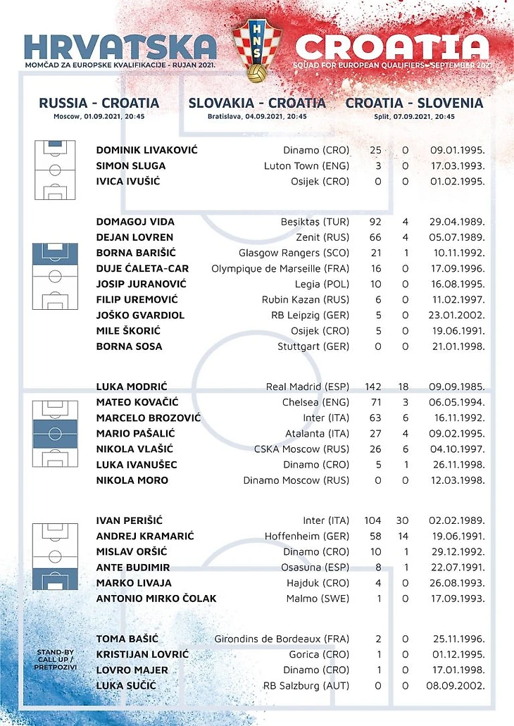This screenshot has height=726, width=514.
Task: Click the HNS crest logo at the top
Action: [257, 50]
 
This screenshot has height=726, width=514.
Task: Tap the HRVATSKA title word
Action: [120, 46]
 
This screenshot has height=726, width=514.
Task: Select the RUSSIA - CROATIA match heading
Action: [99, 103]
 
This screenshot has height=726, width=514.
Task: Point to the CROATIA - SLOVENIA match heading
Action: [414, 103]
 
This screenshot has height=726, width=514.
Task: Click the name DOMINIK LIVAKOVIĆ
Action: [146, 150]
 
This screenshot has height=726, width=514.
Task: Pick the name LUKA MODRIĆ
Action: [132, 387]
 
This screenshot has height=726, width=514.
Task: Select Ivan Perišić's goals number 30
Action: [405, 520]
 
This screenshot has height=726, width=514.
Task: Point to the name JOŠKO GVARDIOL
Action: [140, 315]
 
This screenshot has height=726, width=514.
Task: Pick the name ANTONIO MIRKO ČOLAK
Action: [156, 599]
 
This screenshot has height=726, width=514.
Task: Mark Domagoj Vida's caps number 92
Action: [375, 222]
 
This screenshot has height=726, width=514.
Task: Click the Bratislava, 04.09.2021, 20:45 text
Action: [257, 117]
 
